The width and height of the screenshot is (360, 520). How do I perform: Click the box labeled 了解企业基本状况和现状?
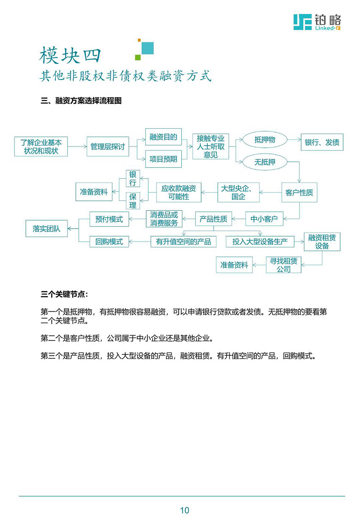click(41, 147)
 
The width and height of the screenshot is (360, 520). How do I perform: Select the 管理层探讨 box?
click(108, 147)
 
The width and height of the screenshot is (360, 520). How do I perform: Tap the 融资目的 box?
click(163, 137)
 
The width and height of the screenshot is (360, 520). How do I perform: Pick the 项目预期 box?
click(163, 159)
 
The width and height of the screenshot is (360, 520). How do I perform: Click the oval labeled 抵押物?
click(265, 140)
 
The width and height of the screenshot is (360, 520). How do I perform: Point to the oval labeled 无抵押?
click(265, 162)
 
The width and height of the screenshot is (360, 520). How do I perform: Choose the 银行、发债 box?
click(322, 142)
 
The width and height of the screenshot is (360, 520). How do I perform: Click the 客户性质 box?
click(299, 192)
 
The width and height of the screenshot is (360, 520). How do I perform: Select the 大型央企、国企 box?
click(238, 192)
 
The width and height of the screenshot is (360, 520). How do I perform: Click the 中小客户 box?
click(264, 219)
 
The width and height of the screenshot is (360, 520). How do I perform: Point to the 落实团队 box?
click(47, 229)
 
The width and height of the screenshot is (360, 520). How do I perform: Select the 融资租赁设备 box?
click(322, 242)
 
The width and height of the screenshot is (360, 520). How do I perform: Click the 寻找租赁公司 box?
click(284, 265)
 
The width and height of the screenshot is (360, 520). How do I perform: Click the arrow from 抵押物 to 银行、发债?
click(294, 140)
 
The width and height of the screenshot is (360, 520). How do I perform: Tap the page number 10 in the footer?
click(184, 510)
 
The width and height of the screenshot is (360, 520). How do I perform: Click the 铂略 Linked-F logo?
click(317, 22)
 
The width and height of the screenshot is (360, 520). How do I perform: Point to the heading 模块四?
click(71, 55)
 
